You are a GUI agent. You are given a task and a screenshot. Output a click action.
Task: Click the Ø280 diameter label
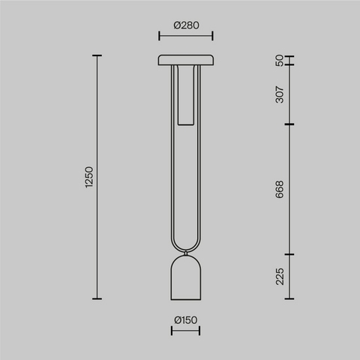click(186, 25)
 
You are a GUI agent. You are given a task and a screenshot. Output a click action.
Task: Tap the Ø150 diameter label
click(186, 320)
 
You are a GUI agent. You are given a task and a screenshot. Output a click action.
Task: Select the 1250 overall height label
click(89, 177)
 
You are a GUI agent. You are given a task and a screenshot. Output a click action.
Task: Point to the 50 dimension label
click(280, 61)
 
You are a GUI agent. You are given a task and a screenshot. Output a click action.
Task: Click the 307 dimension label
click(280, 94)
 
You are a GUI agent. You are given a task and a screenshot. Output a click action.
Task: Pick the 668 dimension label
click(280, 189)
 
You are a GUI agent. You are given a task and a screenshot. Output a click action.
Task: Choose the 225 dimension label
click(280, 276)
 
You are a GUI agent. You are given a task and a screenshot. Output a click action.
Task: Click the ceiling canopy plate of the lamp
click(186, 60)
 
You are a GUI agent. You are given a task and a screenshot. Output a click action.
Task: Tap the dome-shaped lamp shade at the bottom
click(186, 278)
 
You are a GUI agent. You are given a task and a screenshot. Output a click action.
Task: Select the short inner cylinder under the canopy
click(186, 95)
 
